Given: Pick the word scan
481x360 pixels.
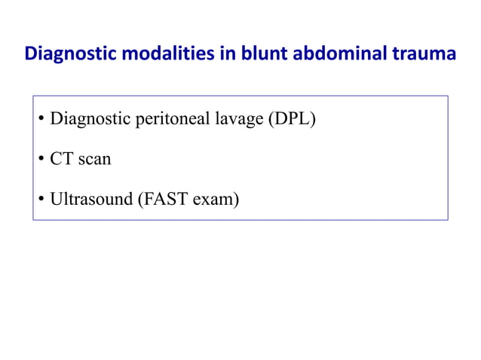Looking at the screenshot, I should pos(93,160).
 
